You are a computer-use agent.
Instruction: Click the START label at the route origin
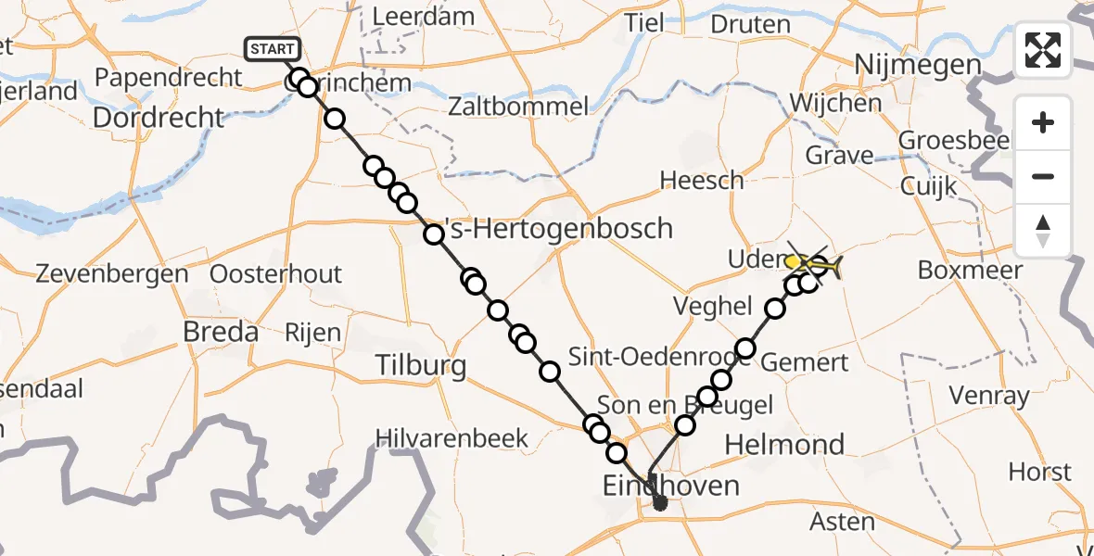click(273, 48)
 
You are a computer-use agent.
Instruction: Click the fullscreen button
click(1043, 49)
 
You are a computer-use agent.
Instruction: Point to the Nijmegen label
click(905, 65)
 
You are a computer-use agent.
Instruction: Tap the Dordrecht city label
click(159, 118)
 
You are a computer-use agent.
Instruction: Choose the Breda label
click(221, 331)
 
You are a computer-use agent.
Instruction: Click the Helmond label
click(784, 444)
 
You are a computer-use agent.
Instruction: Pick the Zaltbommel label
click(517, 107)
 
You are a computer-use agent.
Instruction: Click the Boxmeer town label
click(970, 270)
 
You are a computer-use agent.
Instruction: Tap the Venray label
click(989, 397)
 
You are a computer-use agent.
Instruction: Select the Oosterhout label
click(276, 274)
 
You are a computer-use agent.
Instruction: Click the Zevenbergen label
click(112, 274)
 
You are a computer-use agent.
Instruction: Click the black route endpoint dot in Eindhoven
click(659, 503)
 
